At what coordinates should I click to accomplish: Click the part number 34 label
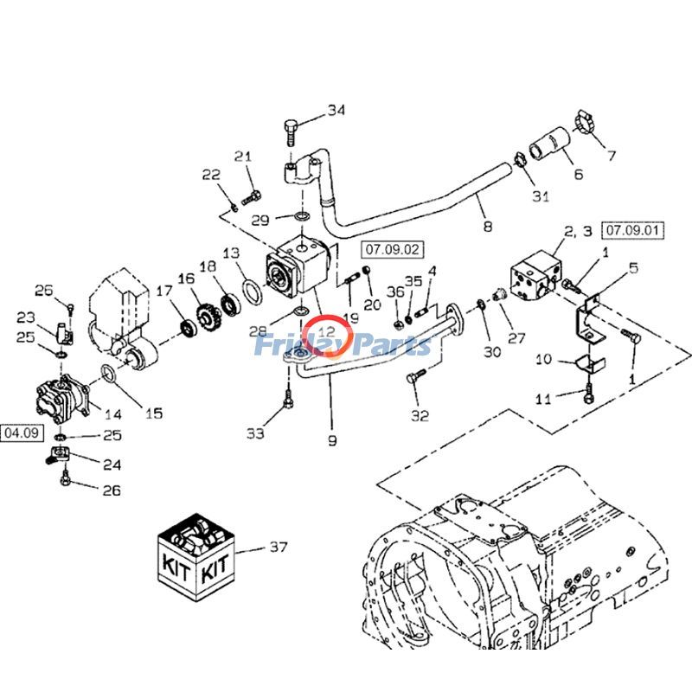[x=336, y=111]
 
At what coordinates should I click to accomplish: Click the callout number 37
[x=278, y=547]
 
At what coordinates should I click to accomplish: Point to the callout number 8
[x=487, y=227]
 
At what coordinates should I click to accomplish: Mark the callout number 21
[x=243, y=157]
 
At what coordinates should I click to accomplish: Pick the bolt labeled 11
[x=587, y=395]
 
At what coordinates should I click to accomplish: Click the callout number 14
[x=112, y=413]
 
